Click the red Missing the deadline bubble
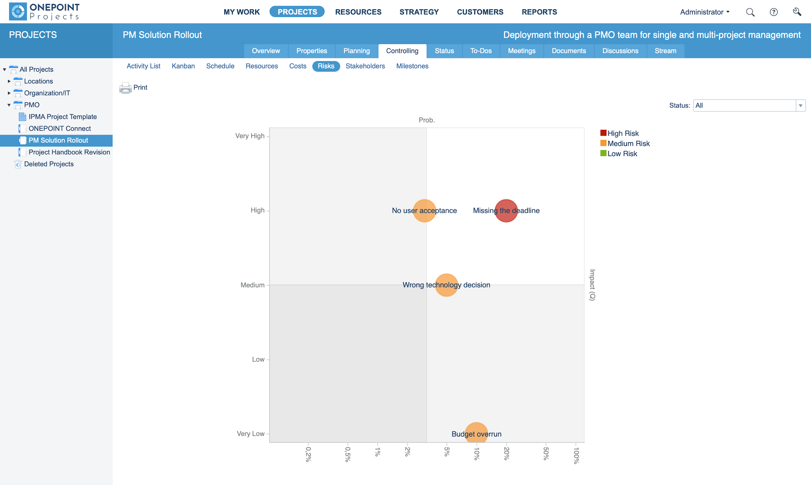[x=506, y=211]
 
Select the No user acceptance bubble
[x=424, y=211]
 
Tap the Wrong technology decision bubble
[x=446, y=285]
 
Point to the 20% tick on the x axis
[x=506, y=453]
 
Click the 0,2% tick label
[x=308, y=454]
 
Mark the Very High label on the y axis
[x=250, y=136]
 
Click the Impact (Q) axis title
[x=592, y=285]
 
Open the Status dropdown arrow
[x=800, y=106]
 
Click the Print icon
[x=125, y=88]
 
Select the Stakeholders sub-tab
[x=365, y=66]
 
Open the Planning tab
[x=356, y=51]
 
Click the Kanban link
[x=183, y=66]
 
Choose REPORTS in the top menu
[x=539, y=12]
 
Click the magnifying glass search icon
[x=750, y=12]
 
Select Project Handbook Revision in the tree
[x=69, y=152]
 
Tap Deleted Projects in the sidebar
[x=49, y=164]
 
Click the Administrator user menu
[x=704, y=12]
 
